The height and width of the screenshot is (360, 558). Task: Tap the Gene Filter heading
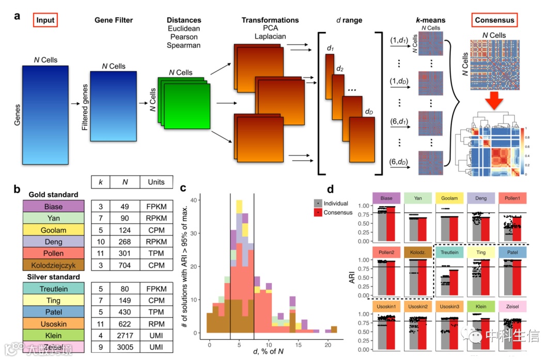click(114, 20)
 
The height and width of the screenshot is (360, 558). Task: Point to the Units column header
click(156, 182)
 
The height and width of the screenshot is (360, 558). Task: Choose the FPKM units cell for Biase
click(156, 207)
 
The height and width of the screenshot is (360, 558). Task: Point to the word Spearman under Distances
click(183, 45)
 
